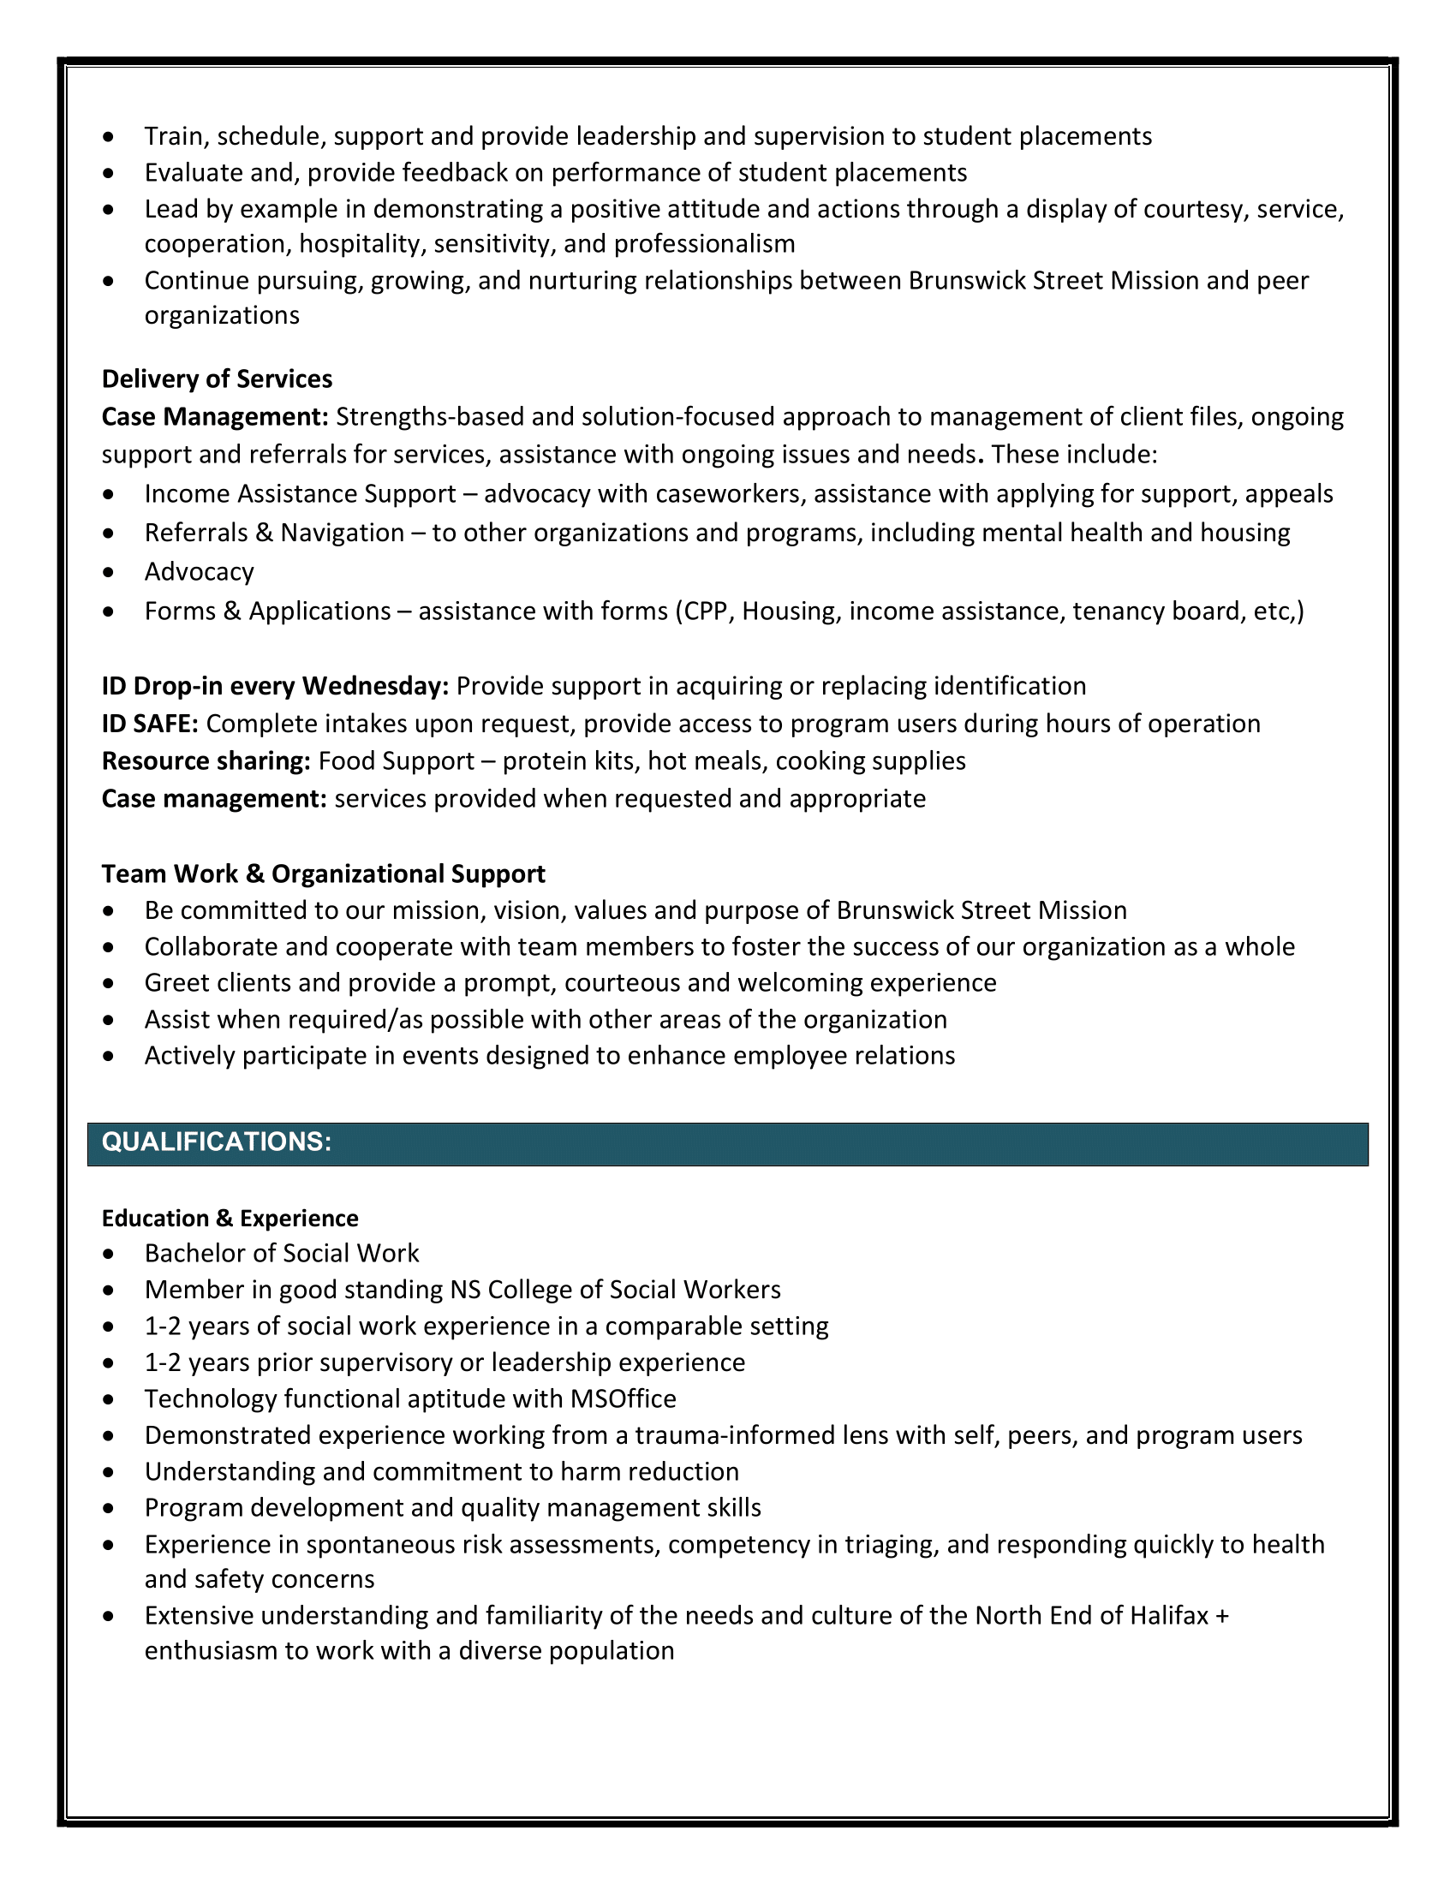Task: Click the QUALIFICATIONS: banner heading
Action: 217,1142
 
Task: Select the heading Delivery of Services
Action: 217,379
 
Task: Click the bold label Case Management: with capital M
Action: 215,418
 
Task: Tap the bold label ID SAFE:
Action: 150,724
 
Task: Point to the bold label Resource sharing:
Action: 206,761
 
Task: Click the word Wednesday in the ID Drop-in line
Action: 374,687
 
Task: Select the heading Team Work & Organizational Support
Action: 324,874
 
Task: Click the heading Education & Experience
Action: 230,1219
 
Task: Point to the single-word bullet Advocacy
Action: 200,573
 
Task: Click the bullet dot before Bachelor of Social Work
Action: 108,1255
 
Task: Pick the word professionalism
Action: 704,244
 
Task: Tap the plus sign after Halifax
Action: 1221,1616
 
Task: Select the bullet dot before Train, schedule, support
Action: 108,138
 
